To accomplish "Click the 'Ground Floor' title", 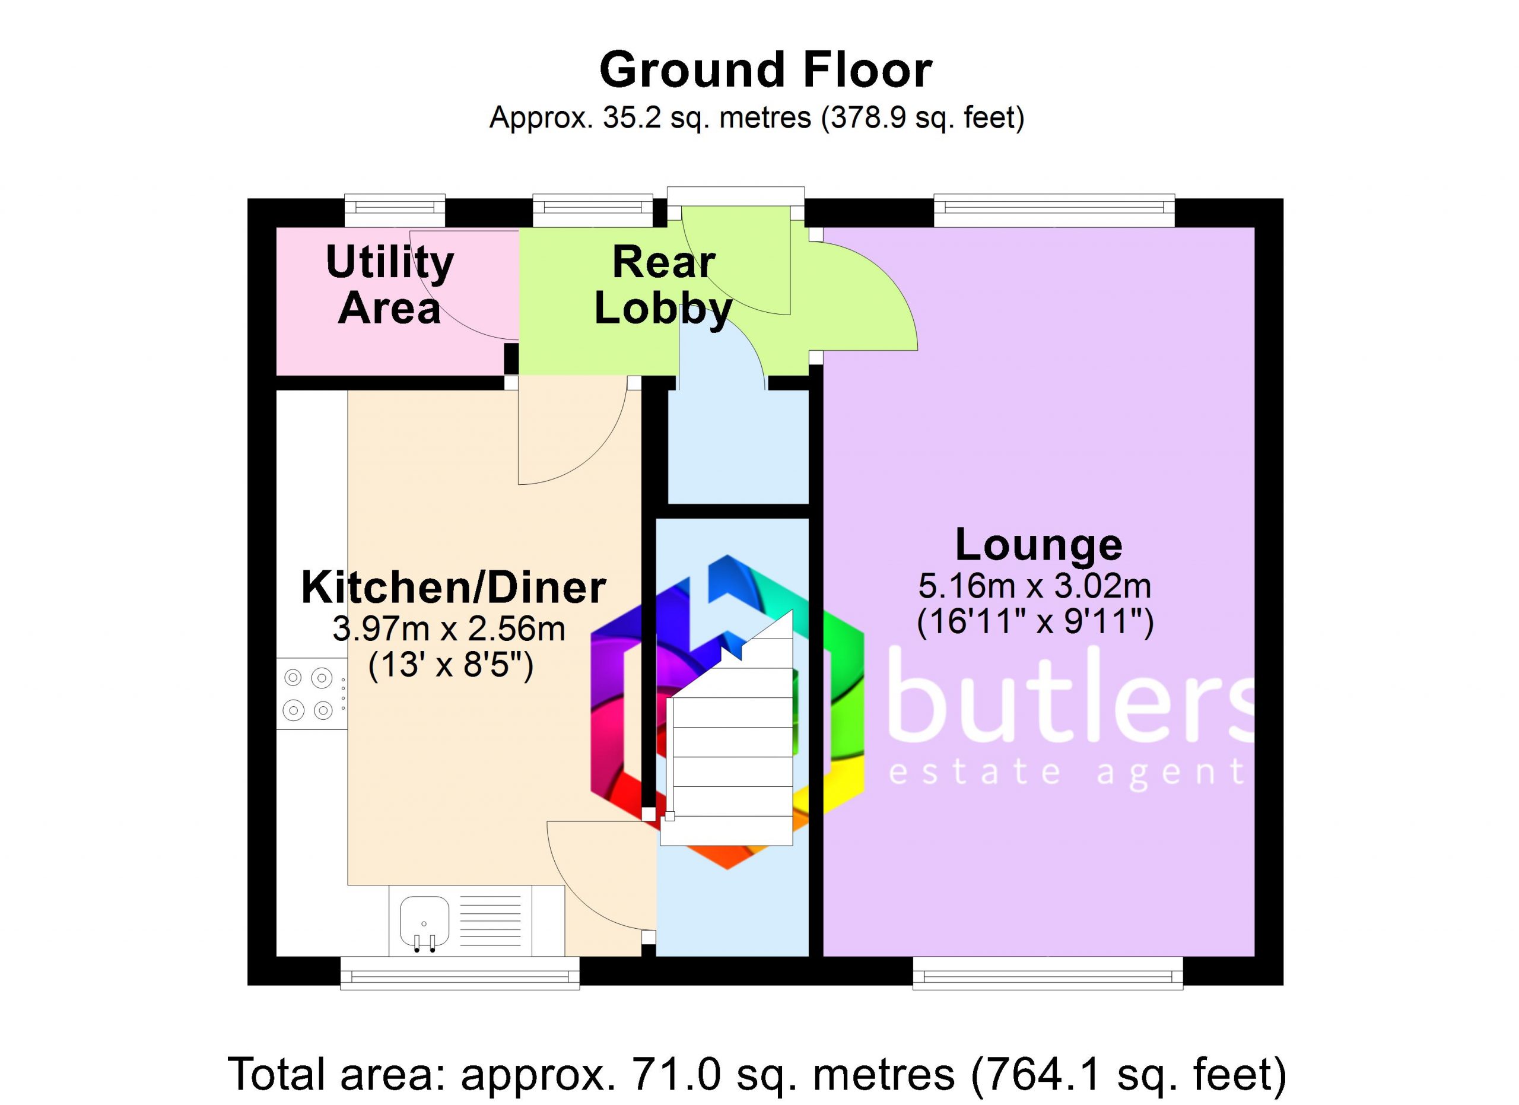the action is click(765, 70).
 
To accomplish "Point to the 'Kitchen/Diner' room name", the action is click(454, 588).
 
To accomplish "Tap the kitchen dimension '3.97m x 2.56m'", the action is click(449, 630).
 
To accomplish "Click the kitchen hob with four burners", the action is click(312, 694).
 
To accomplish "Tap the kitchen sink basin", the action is click(425, 921).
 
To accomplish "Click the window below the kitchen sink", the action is click(460, 973).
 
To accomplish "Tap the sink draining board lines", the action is click(491, 921).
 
